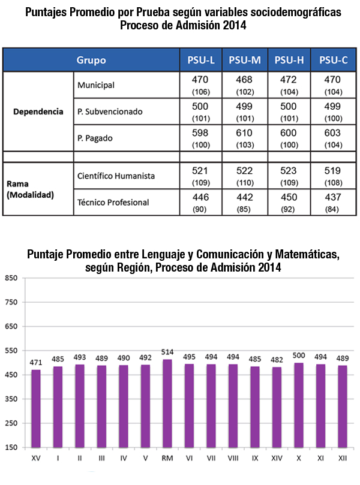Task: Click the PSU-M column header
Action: [x=245, y=60]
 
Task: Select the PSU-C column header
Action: [x=332, y=60]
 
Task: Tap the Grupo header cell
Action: [x=91, y=60]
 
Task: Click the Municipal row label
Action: [x=96, y=86]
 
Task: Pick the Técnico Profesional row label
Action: [x=113, y=202]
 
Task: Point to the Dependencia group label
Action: [x=38, y=112]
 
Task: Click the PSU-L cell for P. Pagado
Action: [x=200, y=138]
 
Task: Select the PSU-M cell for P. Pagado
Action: [x=244, y=138]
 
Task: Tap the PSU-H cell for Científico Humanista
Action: [x=288, y=176]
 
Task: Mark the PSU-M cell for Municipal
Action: [x=244, y=85]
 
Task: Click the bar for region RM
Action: [x=167, y=403]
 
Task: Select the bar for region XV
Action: [x=36, y=408]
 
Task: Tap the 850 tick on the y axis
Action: [x=10, y=278]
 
